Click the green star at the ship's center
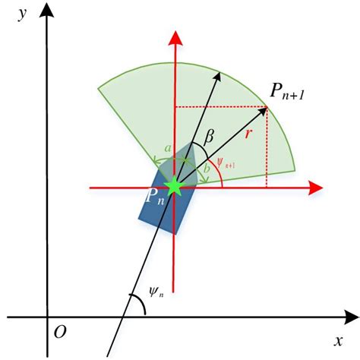tap(175, 185)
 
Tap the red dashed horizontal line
tap(220, 107)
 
